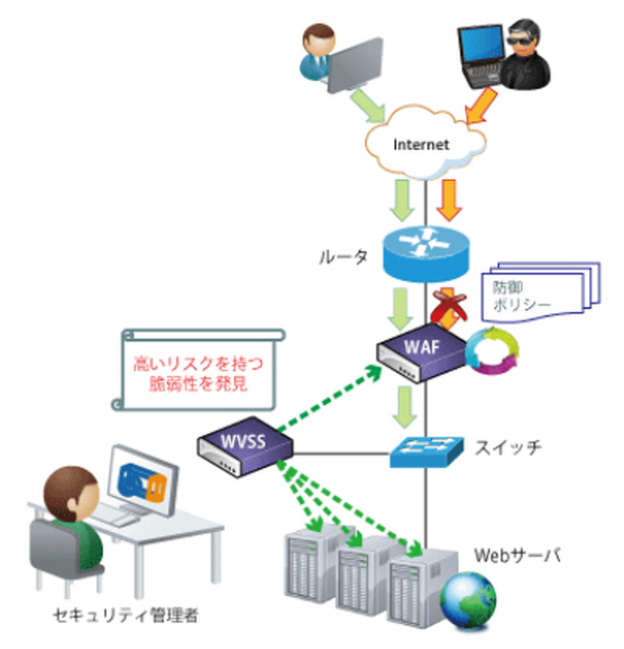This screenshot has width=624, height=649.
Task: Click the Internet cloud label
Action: tap(422, 145)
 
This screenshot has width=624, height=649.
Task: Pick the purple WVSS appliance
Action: tap(244, 446)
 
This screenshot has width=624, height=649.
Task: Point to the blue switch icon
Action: tap(426, 452)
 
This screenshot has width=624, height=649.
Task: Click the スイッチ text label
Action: tap(507, 447)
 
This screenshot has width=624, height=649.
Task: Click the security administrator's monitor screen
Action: tap(140, 480)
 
